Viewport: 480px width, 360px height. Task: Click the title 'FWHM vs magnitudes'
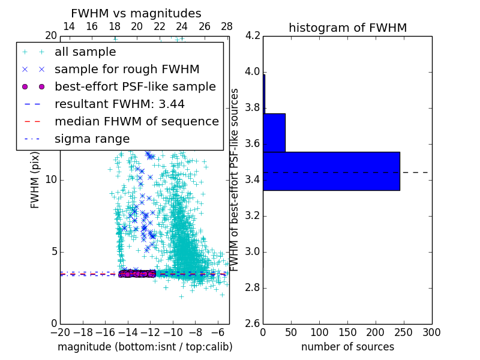point(136,14)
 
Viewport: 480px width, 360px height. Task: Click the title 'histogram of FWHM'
point(347,28)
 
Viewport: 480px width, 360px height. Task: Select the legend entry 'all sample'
point(85,52)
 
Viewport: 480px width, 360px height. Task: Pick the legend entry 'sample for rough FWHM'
point(127,69)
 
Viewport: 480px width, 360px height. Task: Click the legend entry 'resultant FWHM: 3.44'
point(119,104)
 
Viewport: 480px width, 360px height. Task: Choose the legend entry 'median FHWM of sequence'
point(136,121)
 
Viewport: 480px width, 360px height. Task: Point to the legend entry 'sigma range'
point(92,139)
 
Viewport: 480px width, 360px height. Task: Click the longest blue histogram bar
point(331,171)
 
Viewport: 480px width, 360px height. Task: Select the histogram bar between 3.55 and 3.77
point(274,133)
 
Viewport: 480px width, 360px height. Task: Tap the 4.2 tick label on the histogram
point(252,36)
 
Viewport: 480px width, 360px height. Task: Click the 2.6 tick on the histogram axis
point(252,323)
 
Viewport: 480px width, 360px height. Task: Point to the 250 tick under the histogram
point(404,332)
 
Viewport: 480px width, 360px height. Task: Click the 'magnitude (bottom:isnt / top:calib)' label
point(145,347)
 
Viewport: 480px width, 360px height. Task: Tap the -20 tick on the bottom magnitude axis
point(60,332)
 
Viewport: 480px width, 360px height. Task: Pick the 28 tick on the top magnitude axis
point(227,26)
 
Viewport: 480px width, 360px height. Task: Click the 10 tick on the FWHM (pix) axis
point(50,179)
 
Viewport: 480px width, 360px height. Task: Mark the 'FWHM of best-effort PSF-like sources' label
point(235,179)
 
